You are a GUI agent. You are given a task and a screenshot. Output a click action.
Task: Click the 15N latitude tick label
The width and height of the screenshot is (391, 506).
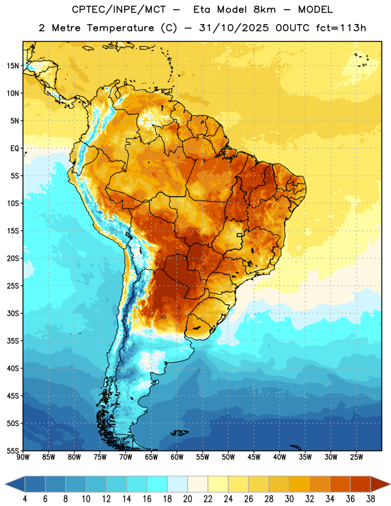13,66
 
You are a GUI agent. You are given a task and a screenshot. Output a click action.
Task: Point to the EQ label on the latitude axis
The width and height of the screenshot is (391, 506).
15,149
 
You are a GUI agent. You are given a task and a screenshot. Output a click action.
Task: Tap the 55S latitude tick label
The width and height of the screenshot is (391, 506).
13,450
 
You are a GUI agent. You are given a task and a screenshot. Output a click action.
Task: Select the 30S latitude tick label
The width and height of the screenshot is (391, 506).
13,313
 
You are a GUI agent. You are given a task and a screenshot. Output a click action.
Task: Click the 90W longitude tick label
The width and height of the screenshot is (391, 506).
23,457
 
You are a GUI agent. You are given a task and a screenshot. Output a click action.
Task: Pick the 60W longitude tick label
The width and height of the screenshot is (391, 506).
177,457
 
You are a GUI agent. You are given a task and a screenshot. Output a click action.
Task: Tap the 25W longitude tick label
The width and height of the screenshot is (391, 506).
356,457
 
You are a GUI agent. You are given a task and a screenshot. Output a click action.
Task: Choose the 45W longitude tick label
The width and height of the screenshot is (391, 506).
254,457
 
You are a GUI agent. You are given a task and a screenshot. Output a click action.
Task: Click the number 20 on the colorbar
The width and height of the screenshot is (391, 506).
187,499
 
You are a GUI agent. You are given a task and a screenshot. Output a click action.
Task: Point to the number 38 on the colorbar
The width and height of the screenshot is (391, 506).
371,499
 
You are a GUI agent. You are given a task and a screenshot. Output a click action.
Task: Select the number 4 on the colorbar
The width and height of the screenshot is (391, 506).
25,499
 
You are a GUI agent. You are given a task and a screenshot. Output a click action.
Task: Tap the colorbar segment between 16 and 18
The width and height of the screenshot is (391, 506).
158,484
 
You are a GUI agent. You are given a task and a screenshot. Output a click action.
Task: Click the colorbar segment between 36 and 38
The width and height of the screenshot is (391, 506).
361,484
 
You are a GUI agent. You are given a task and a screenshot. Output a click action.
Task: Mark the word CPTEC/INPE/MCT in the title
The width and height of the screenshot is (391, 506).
118,9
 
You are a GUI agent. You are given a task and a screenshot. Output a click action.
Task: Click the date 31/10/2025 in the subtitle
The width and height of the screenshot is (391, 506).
233,28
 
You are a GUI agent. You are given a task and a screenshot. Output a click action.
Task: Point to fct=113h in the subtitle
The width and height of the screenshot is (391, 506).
341,28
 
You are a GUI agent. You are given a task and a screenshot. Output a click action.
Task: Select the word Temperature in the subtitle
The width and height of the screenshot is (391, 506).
120,28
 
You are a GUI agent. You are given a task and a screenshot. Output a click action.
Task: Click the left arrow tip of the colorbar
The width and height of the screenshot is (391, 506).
5,484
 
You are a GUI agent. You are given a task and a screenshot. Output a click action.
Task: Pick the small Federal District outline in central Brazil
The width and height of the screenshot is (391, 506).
240,235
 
